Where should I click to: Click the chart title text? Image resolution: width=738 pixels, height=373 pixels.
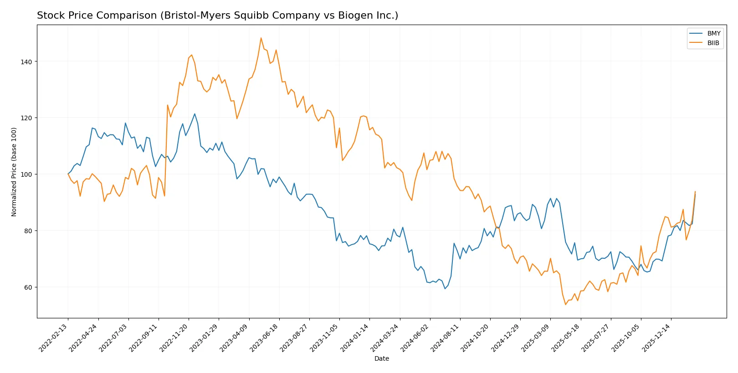[217, 15]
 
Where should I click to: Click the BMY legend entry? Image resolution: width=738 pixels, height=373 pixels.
[713, 33]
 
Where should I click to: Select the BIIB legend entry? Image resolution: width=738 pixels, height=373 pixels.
[713, 43]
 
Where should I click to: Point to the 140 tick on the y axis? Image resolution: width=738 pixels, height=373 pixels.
[26, 61]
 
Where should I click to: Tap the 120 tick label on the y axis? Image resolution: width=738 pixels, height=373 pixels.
[26, 118]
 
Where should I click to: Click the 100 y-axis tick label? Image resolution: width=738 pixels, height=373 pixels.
[26, 174]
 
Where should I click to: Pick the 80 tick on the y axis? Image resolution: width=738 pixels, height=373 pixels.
[27, 231]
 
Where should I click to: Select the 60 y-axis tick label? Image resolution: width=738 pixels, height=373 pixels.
[27, 287]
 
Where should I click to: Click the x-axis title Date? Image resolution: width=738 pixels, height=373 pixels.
[381, 358]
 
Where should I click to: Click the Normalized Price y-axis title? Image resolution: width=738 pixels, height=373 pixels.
[14, 172]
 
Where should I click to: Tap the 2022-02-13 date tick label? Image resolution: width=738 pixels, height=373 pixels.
[54, 337]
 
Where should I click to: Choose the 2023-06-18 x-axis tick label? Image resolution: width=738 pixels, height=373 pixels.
[265, 337]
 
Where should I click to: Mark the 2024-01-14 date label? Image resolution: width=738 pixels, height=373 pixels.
[355, 337]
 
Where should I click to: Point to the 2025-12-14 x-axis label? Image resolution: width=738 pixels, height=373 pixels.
[656, 337]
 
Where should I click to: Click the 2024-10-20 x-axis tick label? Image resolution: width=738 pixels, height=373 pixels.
[475, 337]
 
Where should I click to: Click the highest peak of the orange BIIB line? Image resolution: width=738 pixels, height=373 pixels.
[261, 38]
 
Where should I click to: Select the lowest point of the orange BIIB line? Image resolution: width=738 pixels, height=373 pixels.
[565, 304]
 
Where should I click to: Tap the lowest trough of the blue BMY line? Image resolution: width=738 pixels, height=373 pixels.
[445, 288]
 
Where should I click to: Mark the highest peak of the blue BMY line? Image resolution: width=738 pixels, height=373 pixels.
[195, 114]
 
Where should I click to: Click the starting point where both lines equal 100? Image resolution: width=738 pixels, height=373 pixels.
[68, 174]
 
